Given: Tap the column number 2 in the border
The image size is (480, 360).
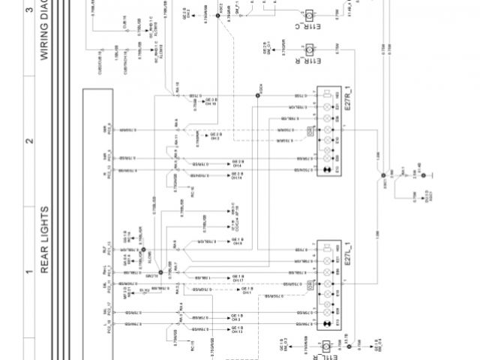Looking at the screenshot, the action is (29, 141).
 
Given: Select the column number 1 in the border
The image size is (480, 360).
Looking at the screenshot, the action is (29, 271).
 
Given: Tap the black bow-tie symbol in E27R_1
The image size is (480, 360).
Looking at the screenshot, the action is (328, 172).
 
